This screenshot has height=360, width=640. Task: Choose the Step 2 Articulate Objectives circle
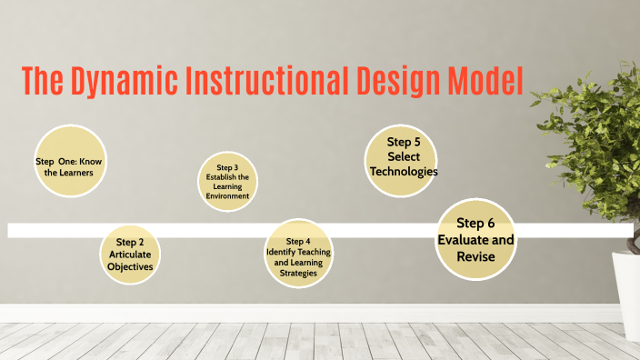[130, 254]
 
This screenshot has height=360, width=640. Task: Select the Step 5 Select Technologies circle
[403, 159]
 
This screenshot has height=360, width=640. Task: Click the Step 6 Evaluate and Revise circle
[475, 239]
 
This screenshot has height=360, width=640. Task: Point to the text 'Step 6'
[475, 224]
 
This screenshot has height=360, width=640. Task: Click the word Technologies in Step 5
[404, 172]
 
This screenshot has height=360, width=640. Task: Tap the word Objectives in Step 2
[130, 266]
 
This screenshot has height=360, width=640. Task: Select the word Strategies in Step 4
[298, 273]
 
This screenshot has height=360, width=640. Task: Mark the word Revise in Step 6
[475, 257]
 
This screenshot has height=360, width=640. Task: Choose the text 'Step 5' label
[404, 142]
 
